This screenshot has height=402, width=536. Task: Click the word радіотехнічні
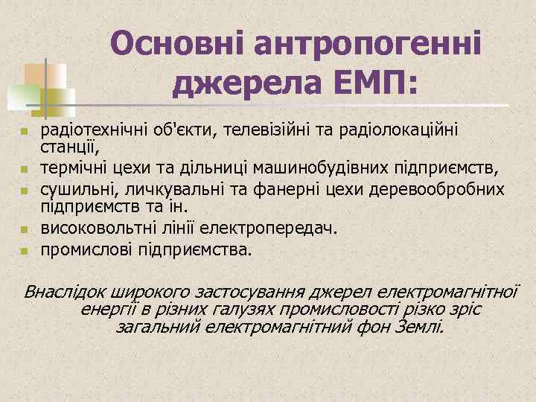(x=86, y=131)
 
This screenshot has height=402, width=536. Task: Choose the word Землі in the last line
(x=420, y=326)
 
